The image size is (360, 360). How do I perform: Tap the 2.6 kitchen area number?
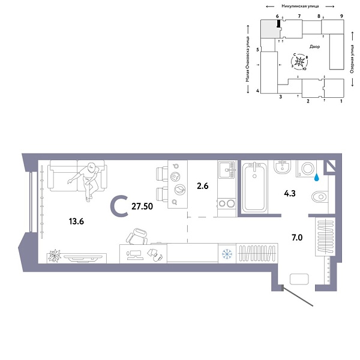(x=203, y=187)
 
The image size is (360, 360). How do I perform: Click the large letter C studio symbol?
(x=120, y=206)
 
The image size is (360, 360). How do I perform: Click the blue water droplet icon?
(x=319, y=177)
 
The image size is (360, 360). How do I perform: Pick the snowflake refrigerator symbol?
(x=227, y=253)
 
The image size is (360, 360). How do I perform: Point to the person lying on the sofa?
(x=88, y=179)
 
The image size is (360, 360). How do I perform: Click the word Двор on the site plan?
(x=315, y=46)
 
